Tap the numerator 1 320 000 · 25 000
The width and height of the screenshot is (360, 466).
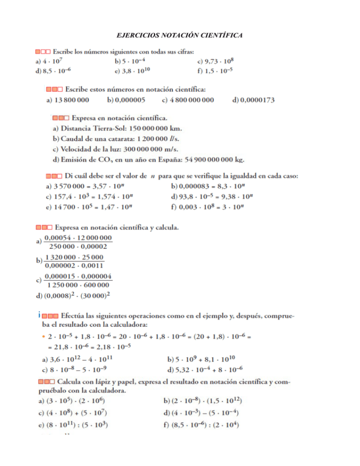[75, 258]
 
